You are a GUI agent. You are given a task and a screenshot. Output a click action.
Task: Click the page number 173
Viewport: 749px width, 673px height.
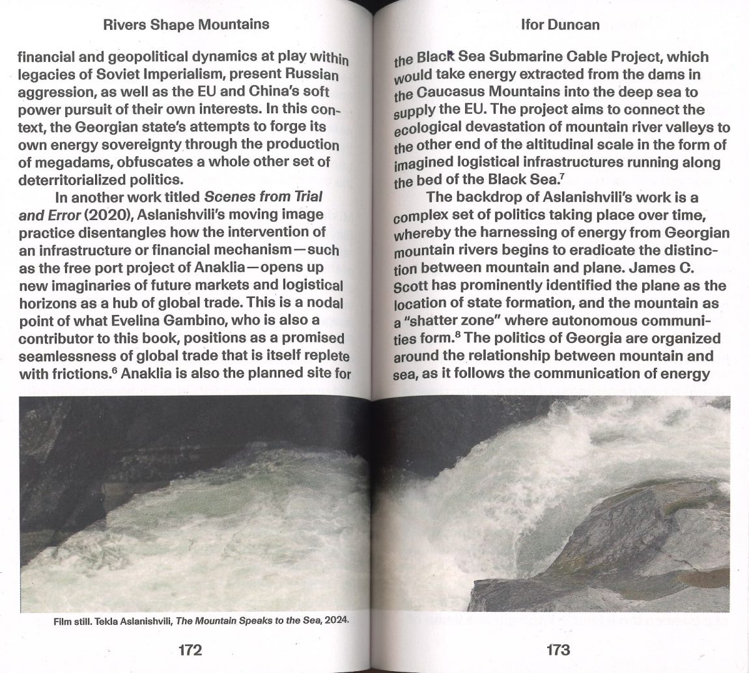click(558, 650)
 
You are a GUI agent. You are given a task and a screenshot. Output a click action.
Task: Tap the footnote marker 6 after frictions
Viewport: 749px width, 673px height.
click(117, 371)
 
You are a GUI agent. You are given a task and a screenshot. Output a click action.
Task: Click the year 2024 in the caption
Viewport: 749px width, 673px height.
click(337, 620)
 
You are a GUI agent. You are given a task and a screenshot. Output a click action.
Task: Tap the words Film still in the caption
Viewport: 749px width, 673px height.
click(70, 622)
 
